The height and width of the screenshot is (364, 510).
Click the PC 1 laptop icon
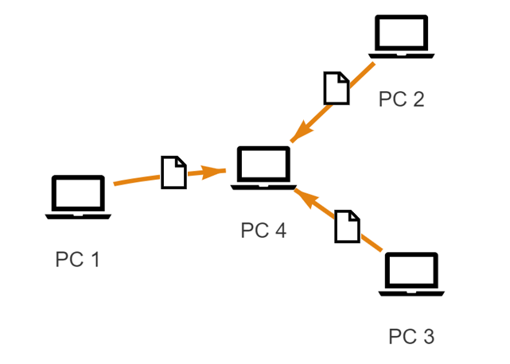pos(78,196)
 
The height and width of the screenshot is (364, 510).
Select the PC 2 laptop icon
pos(402,37)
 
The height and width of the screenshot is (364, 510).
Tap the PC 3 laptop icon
pos(411,274)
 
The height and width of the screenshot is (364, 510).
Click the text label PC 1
pos(77,259)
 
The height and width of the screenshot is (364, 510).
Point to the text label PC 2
pos(402,99)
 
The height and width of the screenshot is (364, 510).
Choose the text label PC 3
pos(411,336)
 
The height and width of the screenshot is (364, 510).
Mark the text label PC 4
pos(263,230)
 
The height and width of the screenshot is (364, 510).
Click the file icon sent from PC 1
pos(173,172)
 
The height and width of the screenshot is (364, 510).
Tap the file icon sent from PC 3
pos(346,227)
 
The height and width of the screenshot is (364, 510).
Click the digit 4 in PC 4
pos(279,230)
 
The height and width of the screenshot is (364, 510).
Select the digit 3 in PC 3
pos(428,336)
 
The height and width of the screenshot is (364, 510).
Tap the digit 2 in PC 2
pos(418,99)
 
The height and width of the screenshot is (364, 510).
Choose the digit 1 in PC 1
pos(94,259)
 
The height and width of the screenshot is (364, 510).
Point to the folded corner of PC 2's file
pos(344,77)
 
